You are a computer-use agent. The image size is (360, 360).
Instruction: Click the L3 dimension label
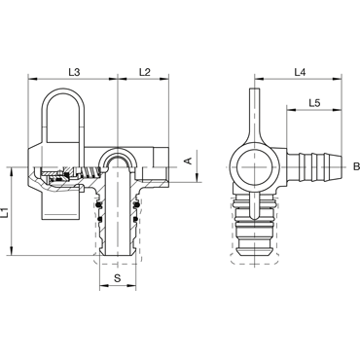coord(74,72)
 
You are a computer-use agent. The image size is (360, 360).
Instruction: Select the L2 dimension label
coord(145,72)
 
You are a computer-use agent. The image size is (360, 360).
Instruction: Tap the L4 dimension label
coord(300,72)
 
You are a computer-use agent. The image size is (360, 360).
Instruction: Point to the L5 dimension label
coord(314,103)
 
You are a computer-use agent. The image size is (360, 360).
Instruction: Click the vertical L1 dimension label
coord(5,213)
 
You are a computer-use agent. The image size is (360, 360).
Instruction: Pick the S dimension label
coord(118,277)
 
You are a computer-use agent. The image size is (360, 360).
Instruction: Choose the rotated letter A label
coord(188,161)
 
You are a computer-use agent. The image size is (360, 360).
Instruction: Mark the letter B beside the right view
coord(356,166)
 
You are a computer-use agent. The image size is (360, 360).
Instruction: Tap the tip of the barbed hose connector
coord(341,167)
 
